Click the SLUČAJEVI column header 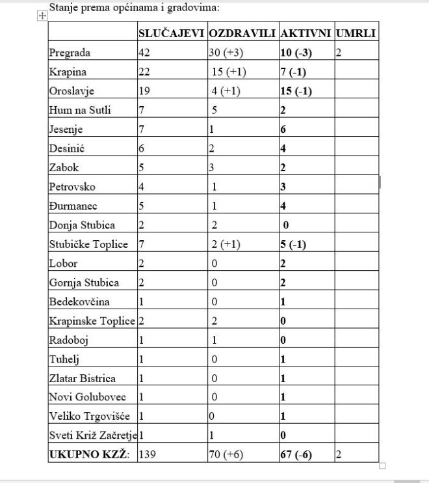(x=172, y=33)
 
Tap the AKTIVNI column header (x=305, y=33)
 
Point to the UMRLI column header (x=356, y=33)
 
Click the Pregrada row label (x=70, y=53)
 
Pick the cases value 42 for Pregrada (x=144, y=53)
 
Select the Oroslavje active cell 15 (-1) (x=296, y=91)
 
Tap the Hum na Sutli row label (x=80, y=110)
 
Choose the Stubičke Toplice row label (x=88, y=245)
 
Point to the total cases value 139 (x=148, y=455)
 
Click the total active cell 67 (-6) (x=296, y=455)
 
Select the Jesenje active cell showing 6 (x=283, y=130)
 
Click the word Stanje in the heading (x=64, y=8)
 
